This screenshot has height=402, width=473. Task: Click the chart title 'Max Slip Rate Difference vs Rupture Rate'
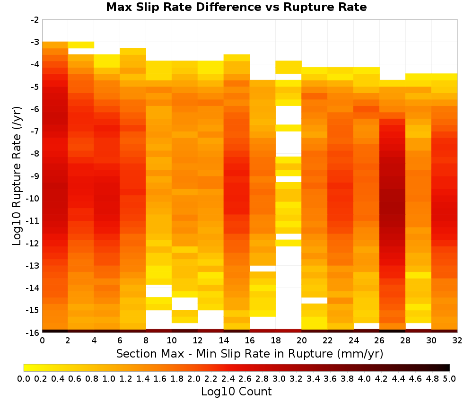point(236,7)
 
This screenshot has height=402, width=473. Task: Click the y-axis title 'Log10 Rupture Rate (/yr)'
point(17,176)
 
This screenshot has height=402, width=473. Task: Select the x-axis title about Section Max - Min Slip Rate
point(249,353)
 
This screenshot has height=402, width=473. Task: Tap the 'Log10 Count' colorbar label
point(236,392)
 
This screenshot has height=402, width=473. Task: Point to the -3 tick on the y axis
point(35,42)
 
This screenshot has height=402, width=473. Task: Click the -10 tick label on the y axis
point(33,199)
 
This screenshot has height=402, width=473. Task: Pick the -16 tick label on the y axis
point(33,332)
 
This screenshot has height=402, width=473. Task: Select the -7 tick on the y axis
point(35,131)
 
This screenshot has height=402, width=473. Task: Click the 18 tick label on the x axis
point(276,341)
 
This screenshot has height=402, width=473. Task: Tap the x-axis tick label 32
point(457,341)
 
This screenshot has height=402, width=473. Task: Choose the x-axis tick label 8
point(146,341)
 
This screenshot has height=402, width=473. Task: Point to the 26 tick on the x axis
point(379,341)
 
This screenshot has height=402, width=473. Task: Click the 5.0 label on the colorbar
point(449,378)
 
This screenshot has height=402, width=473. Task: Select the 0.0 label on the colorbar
point(24,378)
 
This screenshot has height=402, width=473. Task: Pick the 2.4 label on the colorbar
point(228,378)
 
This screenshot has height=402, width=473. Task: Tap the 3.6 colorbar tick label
point(330,378)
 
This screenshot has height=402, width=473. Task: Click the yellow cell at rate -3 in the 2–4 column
point(81,45)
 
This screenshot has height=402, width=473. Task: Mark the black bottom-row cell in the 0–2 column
point(55,331)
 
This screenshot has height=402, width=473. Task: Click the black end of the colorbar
point(447,367)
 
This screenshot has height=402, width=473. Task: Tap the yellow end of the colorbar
point(27,367)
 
